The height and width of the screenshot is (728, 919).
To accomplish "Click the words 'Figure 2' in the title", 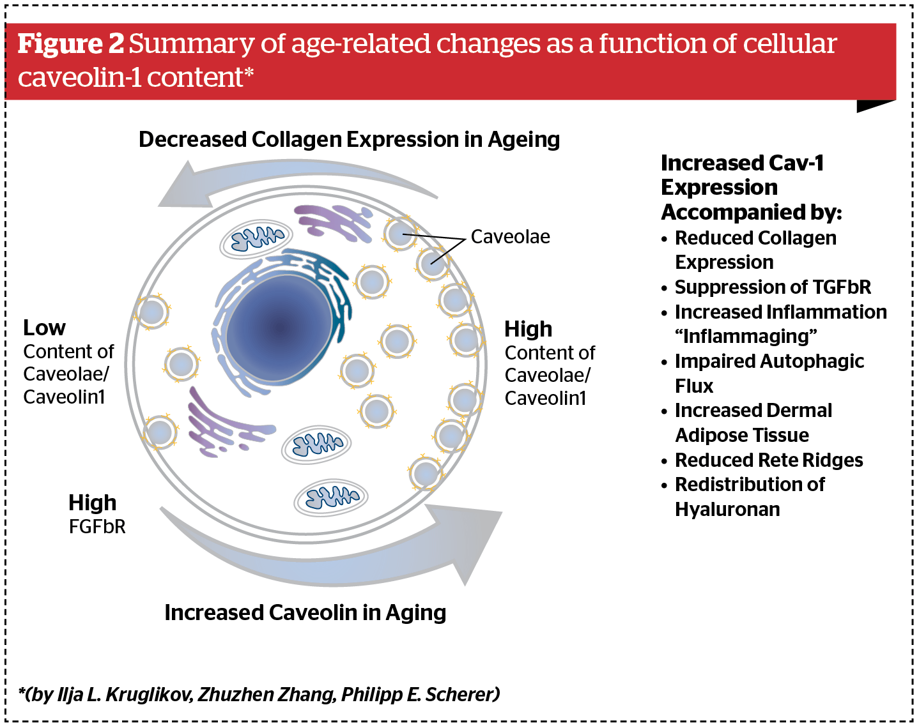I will pyautogui.click(x=70, y=43).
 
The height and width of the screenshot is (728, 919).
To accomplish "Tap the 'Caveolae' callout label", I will pyautogui.click(x=510, y=237).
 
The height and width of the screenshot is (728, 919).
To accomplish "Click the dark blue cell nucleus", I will pyautogui.click(x=279, y=328).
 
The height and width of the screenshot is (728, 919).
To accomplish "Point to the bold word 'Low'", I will pyautogui.click(x=44, y=328).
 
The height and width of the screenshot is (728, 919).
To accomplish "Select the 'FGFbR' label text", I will pyautogui.click(x=97, y=527).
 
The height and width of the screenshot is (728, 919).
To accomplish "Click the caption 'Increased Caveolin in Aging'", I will pyautogui.click(x=305, y=612).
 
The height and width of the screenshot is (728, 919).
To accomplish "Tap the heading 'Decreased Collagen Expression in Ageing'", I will pyautogui.click(x=349, y=139).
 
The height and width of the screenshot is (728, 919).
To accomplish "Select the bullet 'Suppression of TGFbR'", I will pyautogui.click(x=772, y=287).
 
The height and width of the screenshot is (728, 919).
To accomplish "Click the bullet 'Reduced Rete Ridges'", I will pyautogui.click(x=768, y=460).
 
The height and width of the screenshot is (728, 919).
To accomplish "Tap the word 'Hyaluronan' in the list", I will pyautogui.click(x=727, y=510).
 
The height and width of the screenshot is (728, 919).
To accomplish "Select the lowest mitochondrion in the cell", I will pyautogui.click(x=331, y=497).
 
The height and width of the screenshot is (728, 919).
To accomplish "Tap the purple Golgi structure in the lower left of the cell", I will pyautogui.click(x=224, y=425).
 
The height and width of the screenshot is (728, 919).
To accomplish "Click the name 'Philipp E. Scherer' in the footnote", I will pyautogui.click(x=420, y=694).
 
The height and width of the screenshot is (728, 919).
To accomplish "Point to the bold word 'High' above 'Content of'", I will pyautogui.click(x=528, y=329).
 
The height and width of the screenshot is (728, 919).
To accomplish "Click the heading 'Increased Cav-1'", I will pyautogui.click(x=741, y=163).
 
